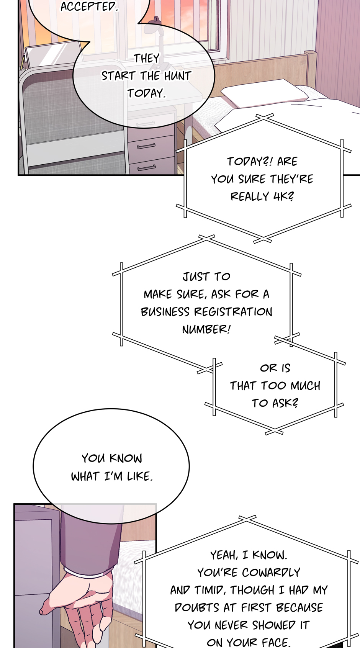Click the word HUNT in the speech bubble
click(x=177, y=76)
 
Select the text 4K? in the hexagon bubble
click(x=283, y=196)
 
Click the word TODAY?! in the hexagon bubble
click(x=249, y=162)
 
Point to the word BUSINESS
click(x=165, y=312)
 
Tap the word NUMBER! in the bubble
click(x=206, y=329)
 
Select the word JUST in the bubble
click(x=196, y=277)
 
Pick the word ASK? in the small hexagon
click(x=285, y=403)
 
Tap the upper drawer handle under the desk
click(x=146, y=146)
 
